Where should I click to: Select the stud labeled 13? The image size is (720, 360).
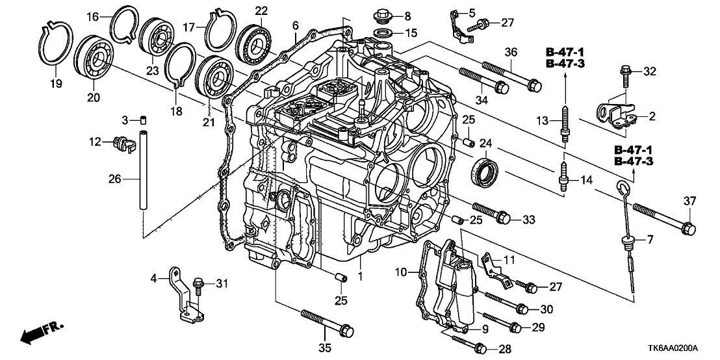566,121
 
